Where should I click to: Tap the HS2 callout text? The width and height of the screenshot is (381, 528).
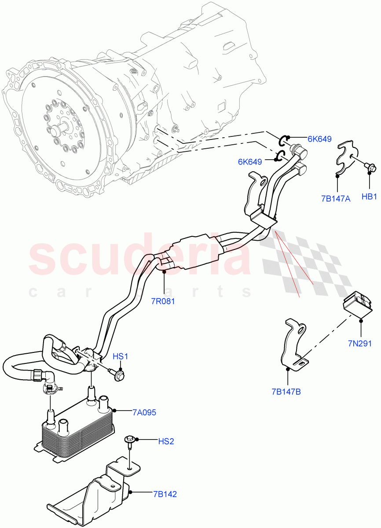[x=166, y=441]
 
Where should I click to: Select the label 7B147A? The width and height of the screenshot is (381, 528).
[x=336, y=199]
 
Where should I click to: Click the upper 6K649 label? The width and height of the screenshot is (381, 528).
[x=319, y=139]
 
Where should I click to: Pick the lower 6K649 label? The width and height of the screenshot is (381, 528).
[x=250, y=161]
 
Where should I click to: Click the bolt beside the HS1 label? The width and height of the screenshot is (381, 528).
[x=118, y=374]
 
